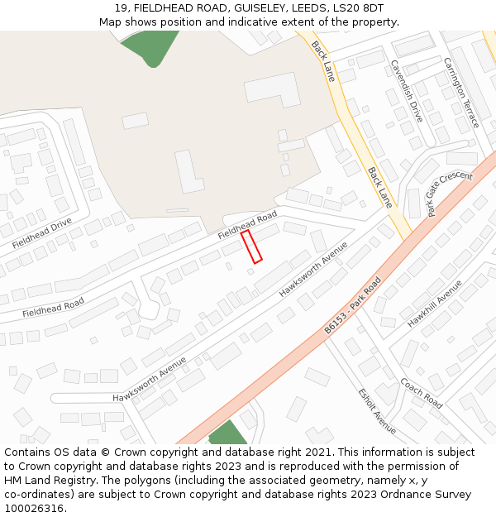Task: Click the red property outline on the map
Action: (251, 247)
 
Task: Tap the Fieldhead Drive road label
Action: (42, 234)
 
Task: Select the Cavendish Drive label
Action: (407, 91)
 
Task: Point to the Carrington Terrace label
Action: (460, 92)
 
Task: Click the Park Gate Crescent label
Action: (450, 194)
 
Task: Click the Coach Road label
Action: (422, 393)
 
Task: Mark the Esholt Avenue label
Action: (377, 410)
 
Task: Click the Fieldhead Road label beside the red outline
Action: (247, 224)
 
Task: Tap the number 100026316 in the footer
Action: (34, 509)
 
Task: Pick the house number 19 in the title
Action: (121, 7)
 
